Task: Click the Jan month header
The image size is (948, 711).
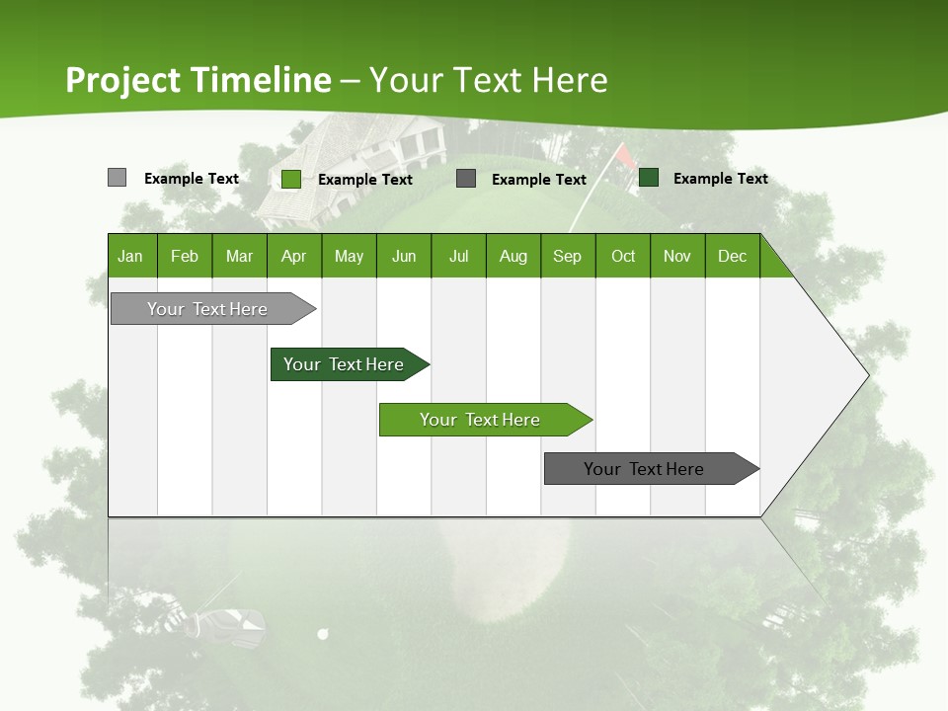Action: click(x=131, y=256)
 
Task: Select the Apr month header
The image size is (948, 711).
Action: click(x=294, y=256)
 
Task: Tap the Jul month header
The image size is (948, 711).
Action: click(x=458, y=256)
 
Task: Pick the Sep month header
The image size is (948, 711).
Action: click(x=568, y=256)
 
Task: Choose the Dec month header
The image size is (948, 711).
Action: click(x=732, y=256)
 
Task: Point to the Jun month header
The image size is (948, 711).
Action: click(x=404, y=256)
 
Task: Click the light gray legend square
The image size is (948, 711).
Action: click(x=117, y=178)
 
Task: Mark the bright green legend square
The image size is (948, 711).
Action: click(x=291, y=179)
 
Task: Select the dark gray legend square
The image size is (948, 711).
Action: click(x=466, y=179)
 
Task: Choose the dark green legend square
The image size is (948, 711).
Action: click(x=649, y=178)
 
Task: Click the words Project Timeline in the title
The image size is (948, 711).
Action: click(x=197, y=80)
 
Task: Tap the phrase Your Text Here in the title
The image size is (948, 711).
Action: click(x=488, y=80)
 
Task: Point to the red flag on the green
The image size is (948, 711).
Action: click(x=624, y=155)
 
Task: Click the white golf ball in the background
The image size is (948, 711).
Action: click(x=322, y=634)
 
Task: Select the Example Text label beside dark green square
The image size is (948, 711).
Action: click(x=720, y=179)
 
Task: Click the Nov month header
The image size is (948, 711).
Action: click(x=677, y=256)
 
